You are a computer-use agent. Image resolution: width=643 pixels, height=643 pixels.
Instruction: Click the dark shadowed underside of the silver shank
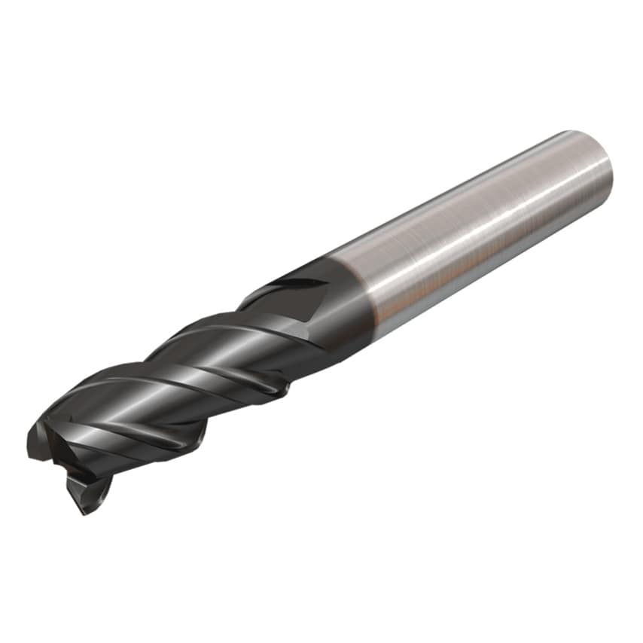click(x=489, y=279)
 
